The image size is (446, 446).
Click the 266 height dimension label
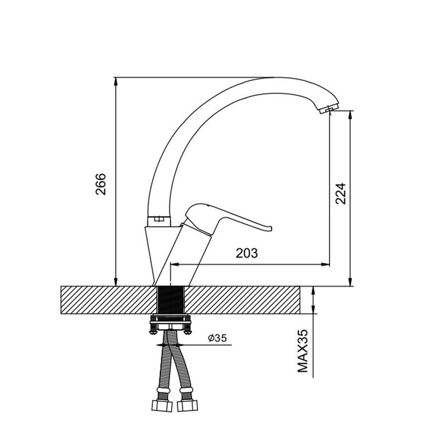pos(100,184)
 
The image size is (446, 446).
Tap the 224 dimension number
pos(340,193)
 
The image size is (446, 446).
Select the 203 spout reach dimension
pos(246,253)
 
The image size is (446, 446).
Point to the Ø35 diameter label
pos(217,338)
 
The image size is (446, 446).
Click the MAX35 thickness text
pos(303,351)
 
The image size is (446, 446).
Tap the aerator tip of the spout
pos(328,109)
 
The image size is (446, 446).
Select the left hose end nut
pos(162,406)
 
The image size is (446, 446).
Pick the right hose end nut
pos(187,406)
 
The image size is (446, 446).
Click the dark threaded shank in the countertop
pos(171,300)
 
